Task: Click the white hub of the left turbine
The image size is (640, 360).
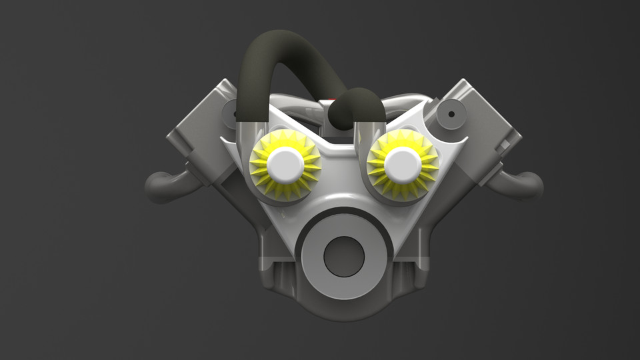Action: [285, 163]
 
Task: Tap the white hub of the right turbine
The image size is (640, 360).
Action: [402, 164]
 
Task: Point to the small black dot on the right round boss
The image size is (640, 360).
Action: [451, 114]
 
